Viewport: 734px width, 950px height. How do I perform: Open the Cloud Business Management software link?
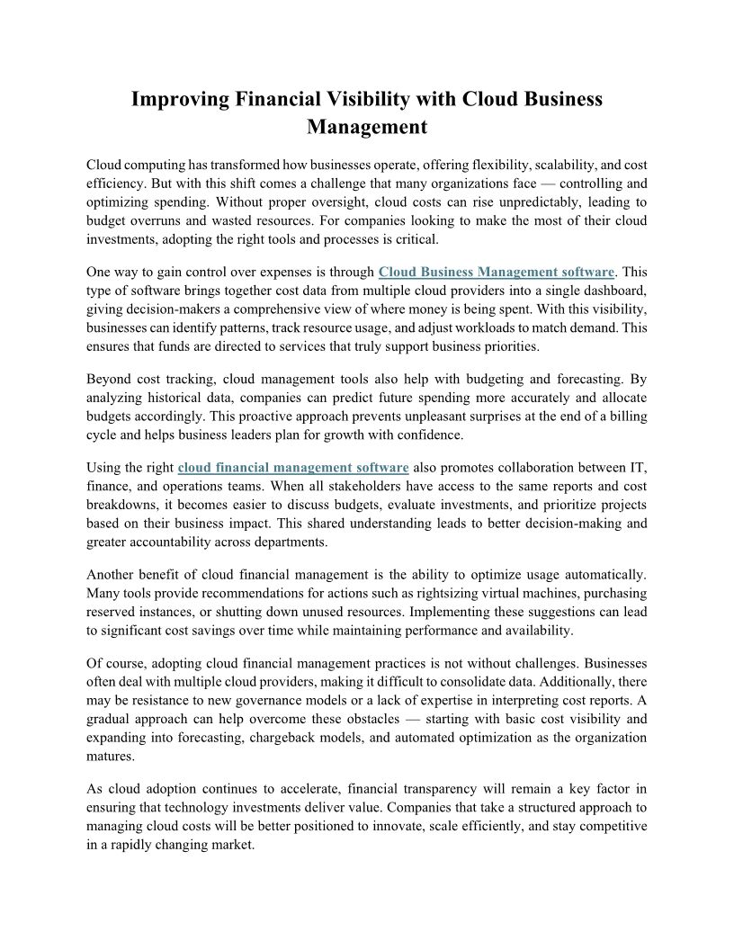[x=497, y=272]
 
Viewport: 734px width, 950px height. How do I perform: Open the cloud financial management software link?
[x=293, y=467]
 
